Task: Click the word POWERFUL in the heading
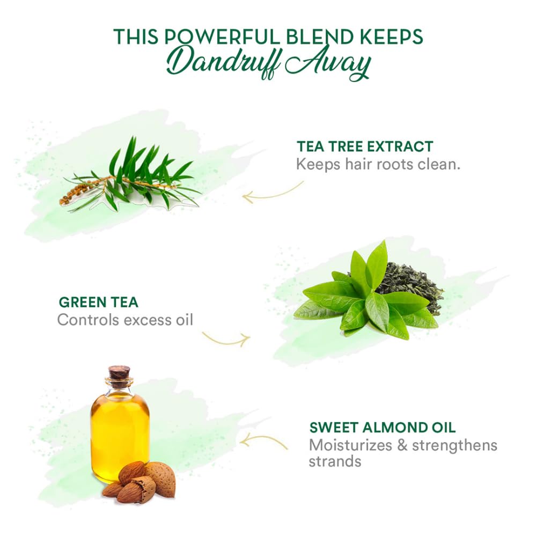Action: click(x=224, y=36)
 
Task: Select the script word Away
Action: click(x=328, y=63)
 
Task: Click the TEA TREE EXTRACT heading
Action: click(x=365, y=146)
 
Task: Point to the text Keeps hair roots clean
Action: click(x=378, y=164)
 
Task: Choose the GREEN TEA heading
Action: click(x=99, y=303)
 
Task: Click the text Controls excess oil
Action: click(x=126, y=320)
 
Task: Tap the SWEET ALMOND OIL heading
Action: click(x=382, y=428)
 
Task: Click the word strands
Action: click(x=335, y=461)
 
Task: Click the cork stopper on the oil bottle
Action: click(x=120, y=372)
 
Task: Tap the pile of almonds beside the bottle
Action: click(x=139, y=482)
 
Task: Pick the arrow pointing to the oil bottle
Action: click(x=263, y=439)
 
